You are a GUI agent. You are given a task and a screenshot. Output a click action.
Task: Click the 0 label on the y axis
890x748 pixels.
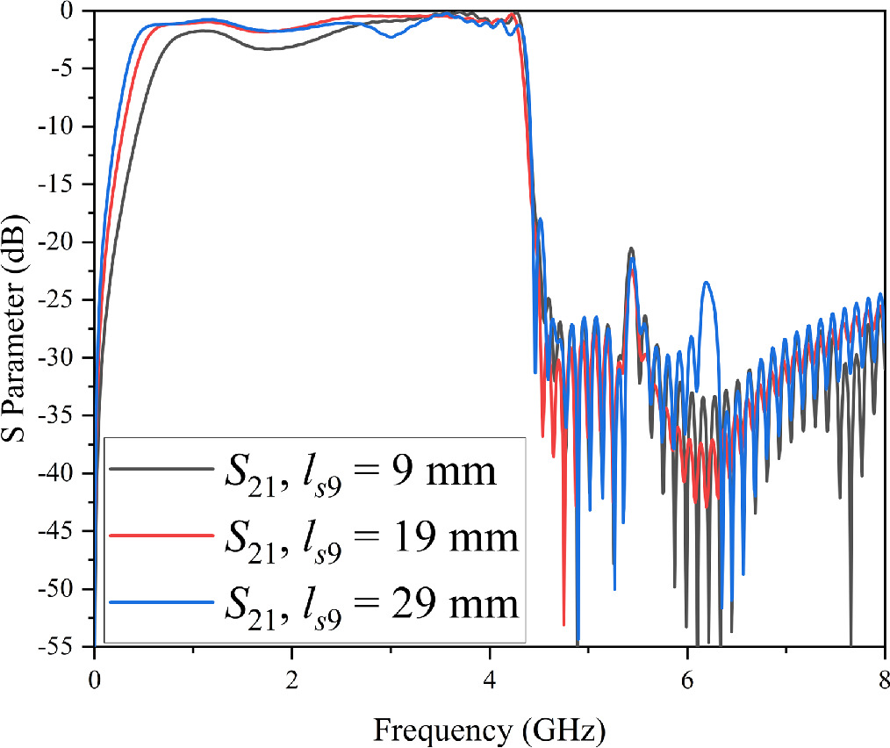pyautogui.click(x=76, y=11)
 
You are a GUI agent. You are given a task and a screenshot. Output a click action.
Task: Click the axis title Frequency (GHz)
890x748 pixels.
pyautogui.click(x=489, y=728)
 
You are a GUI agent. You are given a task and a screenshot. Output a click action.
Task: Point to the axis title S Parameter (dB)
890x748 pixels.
pyautogui.click(x=17, y=329)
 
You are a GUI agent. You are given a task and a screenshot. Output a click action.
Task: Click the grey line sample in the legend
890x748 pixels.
pyautogui.click(x=161, y=470)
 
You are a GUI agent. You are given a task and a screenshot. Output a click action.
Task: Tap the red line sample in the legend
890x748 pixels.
pyautogui.click(x=161, y=535)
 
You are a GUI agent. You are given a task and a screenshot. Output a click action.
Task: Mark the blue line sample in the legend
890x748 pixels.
pyautogui.click(x=161, y=601)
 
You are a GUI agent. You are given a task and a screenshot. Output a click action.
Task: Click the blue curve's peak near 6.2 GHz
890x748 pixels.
pyautogui.click(x=707, y=283)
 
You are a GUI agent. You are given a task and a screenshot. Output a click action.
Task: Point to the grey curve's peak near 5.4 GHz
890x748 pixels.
pyautogui.click(x=630, y=249)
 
